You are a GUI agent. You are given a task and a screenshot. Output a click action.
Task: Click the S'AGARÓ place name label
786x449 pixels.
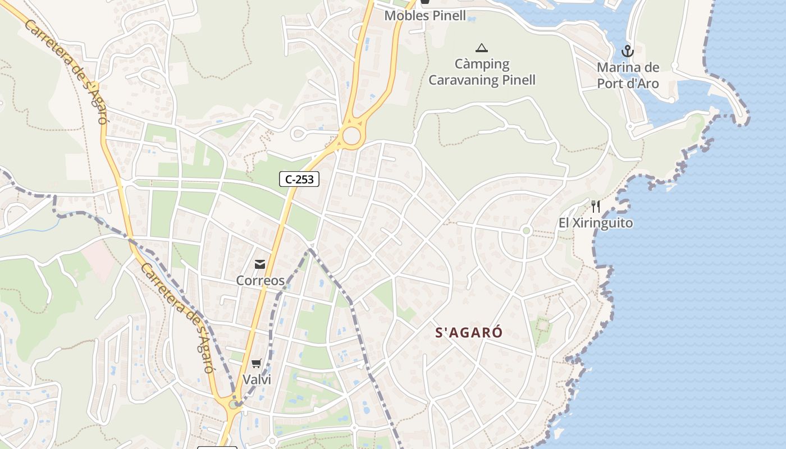click(x=469, y=332)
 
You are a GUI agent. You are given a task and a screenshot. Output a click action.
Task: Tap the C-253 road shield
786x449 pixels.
click(x=299, y=179)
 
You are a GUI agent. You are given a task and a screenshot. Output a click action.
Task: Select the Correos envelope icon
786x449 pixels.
click(x=260, y=264)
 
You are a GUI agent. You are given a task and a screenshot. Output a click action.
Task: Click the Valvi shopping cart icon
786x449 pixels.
click(x=257, y=363)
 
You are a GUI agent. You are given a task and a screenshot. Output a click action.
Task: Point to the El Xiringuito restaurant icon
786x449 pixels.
click(x=596, y=207)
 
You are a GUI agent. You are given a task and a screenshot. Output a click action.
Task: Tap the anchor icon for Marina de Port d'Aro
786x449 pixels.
click(x=627, y=52)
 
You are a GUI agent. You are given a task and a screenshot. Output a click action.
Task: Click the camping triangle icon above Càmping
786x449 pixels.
click(x=481, y=48)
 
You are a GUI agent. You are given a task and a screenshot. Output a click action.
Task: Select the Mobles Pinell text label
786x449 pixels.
click(x=425, y=16)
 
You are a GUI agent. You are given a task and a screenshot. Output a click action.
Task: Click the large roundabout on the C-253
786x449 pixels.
click(x=351, y=135)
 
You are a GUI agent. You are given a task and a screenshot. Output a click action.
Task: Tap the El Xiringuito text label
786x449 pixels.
click(x=596, y=223)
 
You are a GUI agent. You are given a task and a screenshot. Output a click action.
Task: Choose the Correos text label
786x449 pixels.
click(x=260, y=280)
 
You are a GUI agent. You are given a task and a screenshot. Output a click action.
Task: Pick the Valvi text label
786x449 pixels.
click(x=257, y=379)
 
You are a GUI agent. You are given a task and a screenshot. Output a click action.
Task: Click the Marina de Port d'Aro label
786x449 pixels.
click(x=627, y=76)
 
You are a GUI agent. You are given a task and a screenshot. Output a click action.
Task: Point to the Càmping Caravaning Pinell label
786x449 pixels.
click(x=482, y=72)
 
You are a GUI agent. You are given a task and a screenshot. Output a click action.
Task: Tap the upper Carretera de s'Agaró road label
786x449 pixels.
click(x=66, y=72)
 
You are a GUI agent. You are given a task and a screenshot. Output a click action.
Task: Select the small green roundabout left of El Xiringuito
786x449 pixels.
click(x=526, y=231)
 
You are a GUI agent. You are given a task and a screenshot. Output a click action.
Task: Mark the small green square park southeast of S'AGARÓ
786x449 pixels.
click(x=542, y=324)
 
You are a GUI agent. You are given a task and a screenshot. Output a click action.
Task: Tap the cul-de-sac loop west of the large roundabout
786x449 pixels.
click(x=298, y=134)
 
